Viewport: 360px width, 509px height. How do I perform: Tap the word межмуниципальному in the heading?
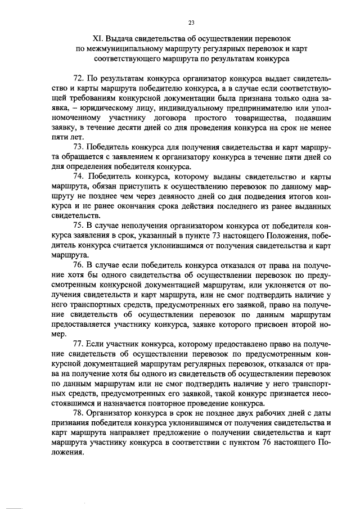[x=124, y=48]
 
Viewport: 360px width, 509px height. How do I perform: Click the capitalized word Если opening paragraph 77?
[x=98, y=343]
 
